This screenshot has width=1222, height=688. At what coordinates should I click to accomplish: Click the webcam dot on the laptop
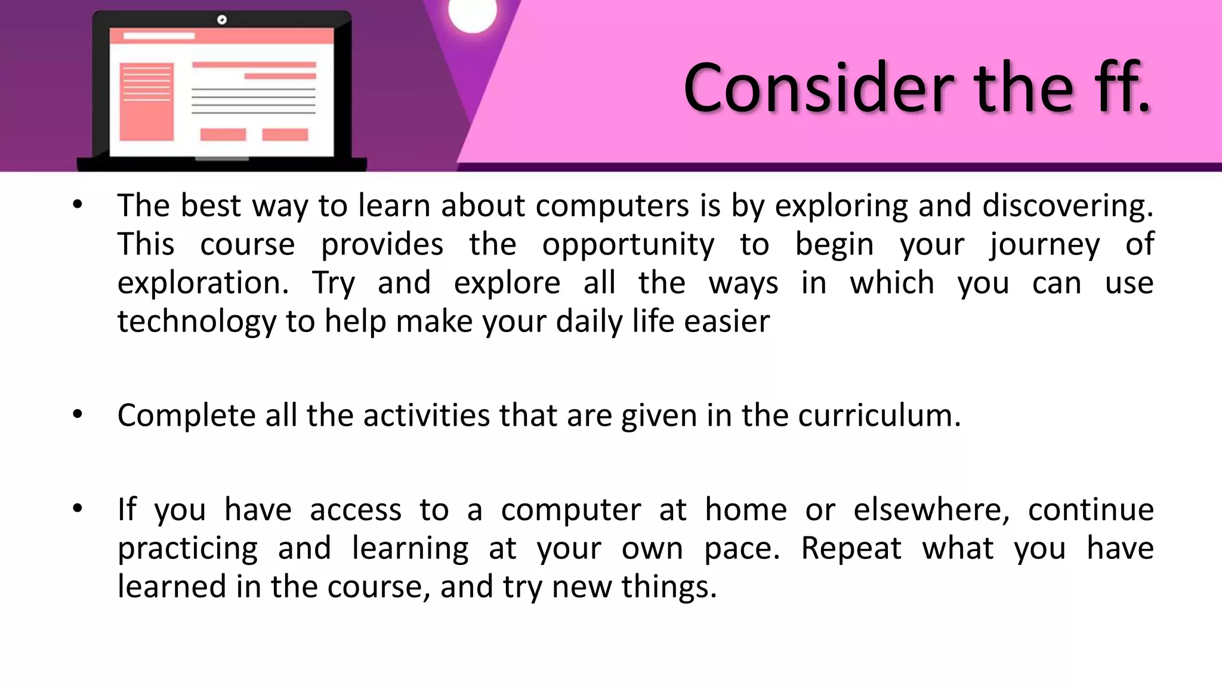click(222, 20)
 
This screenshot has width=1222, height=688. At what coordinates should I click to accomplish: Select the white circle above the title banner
click(473, 13)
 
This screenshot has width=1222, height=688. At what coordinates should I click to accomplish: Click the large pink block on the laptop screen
click(146, 102)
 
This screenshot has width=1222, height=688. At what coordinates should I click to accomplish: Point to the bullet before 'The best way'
click(78, 205)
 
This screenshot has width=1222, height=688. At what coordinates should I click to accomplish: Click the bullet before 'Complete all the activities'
click(78, 414)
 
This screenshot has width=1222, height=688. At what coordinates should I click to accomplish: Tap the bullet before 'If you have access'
click(78, 509)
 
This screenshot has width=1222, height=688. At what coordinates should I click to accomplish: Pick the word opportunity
click(628, 245)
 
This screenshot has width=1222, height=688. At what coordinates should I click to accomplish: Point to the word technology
click(196, 322)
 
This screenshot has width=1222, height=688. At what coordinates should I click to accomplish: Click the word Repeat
click(851, 549)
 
